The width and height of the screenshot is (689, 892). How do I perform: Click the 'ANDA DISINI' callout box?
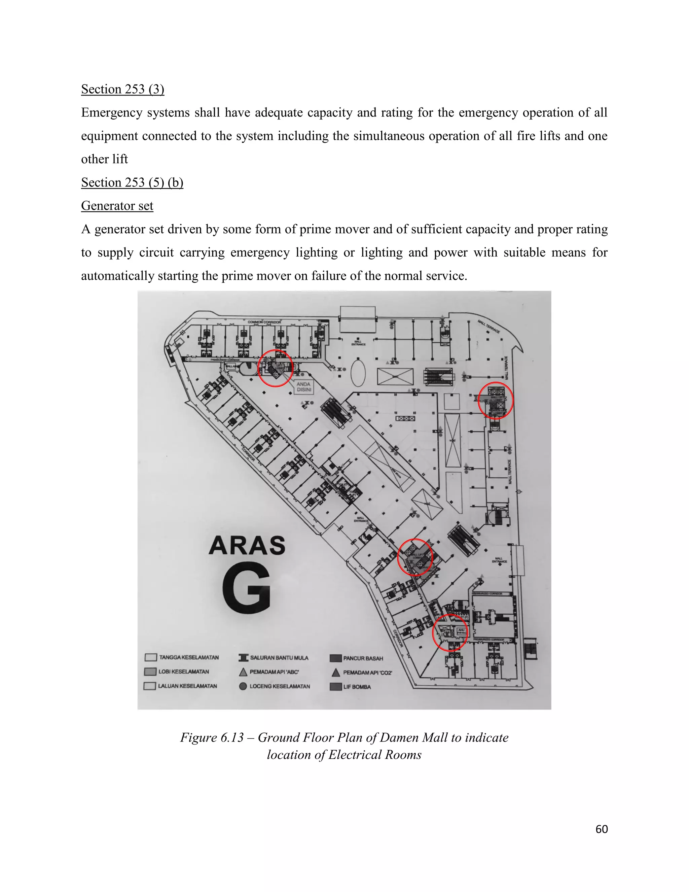[304, 387]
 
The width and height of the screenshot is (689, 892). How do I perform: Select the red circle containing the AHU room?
[450, 632]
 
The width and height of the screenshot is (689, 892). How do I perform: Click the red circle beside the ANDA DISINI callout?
[276, 368]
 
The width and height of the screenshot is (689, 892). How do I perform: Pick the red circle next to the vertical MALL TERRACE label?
[495, 400]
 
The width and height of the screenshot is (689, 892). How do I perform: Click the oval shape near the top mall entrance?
[358, 372]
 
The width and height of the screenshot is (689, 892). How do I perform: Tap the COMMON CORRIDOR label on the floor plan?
[264, 322]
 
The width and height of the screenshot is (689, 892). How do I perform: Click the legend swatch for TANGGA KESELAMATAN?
[151, 657]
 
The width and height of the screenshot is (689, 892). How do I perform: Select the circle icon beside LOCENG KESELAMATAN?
[243, 686]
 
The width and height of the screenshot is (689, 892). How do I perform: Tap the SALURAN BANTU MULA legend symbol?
[243, 658]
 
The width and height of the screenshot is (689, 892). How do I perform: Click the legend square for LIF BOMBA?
[335, 687]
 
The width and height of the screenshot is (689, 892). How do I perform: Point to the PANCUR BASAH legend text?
[363, 658]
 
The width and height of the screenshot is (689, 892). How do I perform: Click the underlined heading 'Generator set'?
[117, 206]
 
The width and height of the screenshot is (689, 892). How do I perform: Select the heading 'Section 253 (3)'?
[122, 89]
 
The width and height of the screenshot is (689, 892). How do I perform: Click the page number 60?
[601, 829]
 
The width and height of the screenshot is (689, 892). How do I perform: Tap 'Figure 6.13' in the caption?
[212, 737]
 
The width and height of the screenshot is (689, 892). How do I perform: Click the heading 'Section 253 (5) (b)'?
[132, 182]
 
